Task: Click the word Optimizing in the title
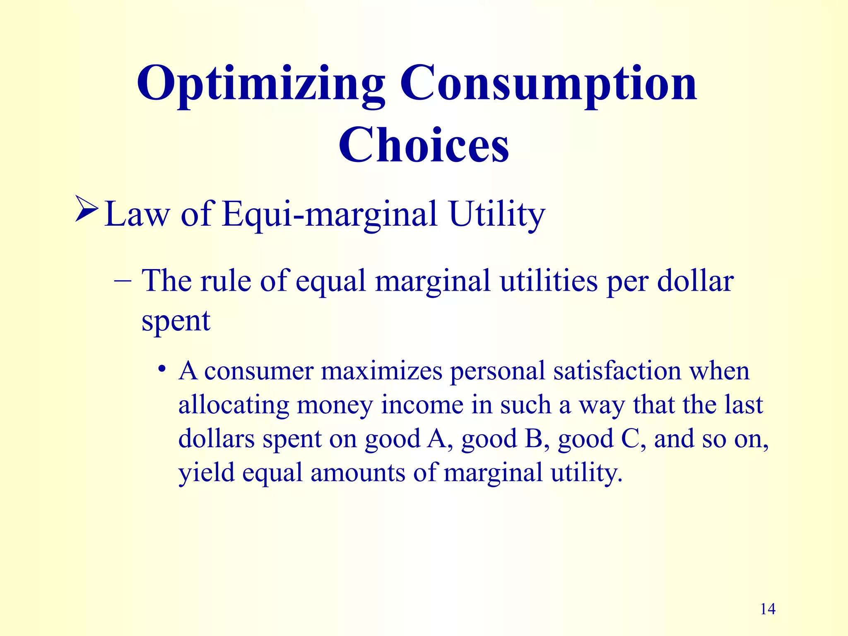click(261, 85)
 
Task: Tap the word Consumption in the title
click(549, 85)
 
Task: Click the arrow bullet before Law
click(87, 209)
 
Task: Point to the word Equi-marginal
click(330, 214)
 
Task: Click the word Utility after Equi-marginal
click(497, 214)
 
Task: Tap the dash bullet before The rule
click(123, 281)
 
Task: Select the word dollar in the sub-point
click(695, 281)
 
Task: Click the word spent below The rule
click(176, 320)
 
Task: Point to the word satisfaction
click(617, 371)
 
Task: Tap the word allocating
click(234, 405)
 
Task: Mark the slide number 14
click(768, 609)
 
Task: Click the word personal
click(497, 371)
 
